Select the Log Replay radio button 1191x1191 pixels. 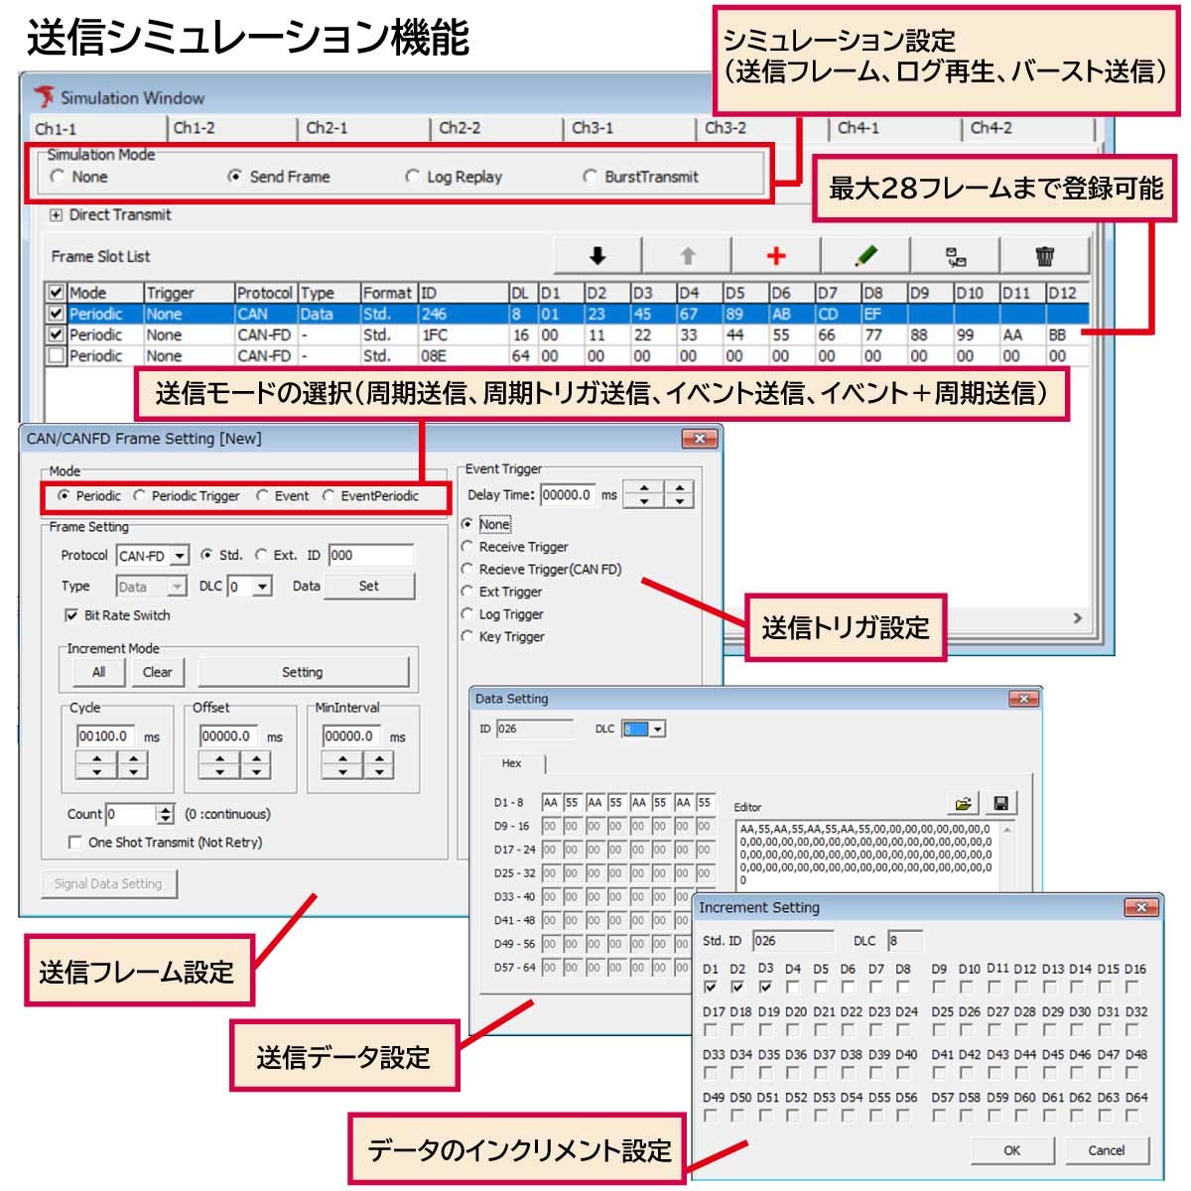coord(413,177)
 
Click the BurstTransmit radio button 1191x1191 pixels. coord(591,177)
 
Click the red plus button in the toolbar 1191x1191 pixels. coord(776,256)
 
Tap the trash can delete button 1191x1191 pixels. coord(1045,256)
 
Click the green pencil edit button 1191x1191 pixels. coord(865,256)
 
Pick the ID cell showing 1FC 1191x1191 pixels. coord(435,335)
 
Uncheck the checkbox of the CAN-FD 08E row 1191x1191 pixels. coord(57,355)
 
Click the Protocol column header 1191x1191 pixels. coord(264,293)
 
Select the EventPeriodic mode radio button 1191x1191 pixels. coord(329,495)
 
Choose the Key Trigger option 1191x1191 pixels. coord(467,636)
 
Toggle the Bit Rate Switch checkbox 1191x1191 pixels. coord(71,615)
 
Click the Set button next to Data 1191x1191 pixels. coord(368,586)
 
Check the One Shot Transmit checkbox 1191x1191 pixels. coord(74,843)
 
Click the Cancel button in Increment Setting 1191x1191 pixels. coord(1106,1150)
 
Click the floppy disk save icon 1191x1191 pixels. coord(1000,803)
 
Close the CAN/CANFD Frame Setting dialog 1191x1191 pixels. coord(700,439)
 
